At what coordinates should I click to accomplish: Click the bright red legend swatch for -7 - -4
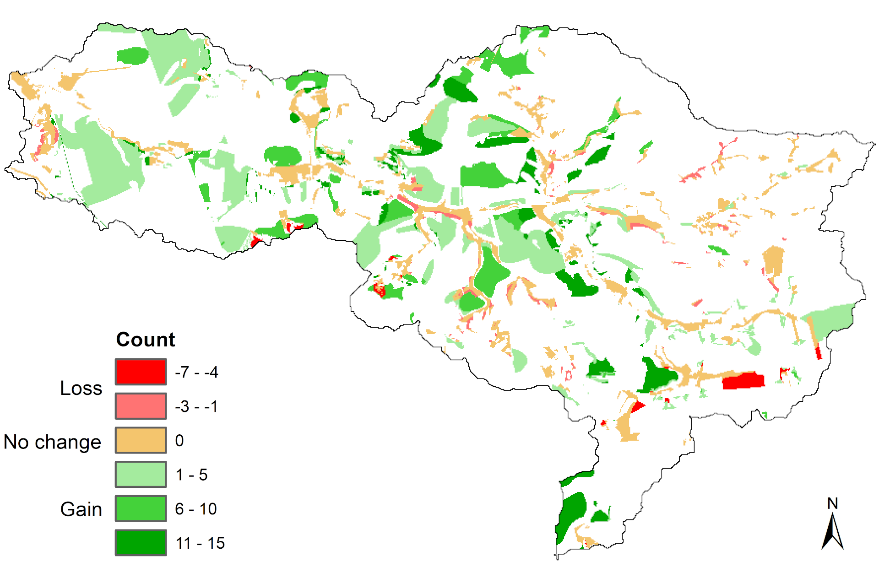141,372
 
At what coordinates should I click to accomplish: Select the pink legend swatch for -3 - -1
141,406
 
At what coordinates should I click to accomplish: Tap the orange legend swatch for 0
141,440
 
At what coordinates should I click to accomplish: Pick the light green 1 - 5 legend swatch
141,475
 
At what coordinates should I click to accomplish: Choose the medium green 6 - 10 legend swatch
141,508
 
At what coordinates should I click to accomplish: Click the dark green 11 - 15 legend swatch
141,543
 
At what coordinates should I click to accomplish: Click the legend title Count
146,340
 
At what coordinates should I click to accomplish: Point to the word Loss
81,388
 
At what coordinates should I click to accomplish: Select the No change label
52,442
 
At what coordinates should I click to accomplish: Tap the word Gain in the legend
81,509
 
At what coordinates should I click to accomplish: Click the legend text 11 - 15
200,543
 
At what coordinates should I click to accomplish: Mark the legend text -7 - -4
196,372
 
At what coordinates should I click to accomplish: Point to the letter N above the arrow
832,504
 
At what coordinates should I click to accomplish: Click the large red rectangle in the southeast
743,381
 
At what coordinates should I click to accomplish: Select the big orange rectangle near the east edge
774,260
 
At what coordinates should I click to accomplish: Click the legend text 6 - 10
196,509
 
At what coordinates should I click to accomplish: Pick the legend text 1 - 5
191,475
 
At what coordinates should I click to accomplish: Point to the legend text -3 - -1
196,406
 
